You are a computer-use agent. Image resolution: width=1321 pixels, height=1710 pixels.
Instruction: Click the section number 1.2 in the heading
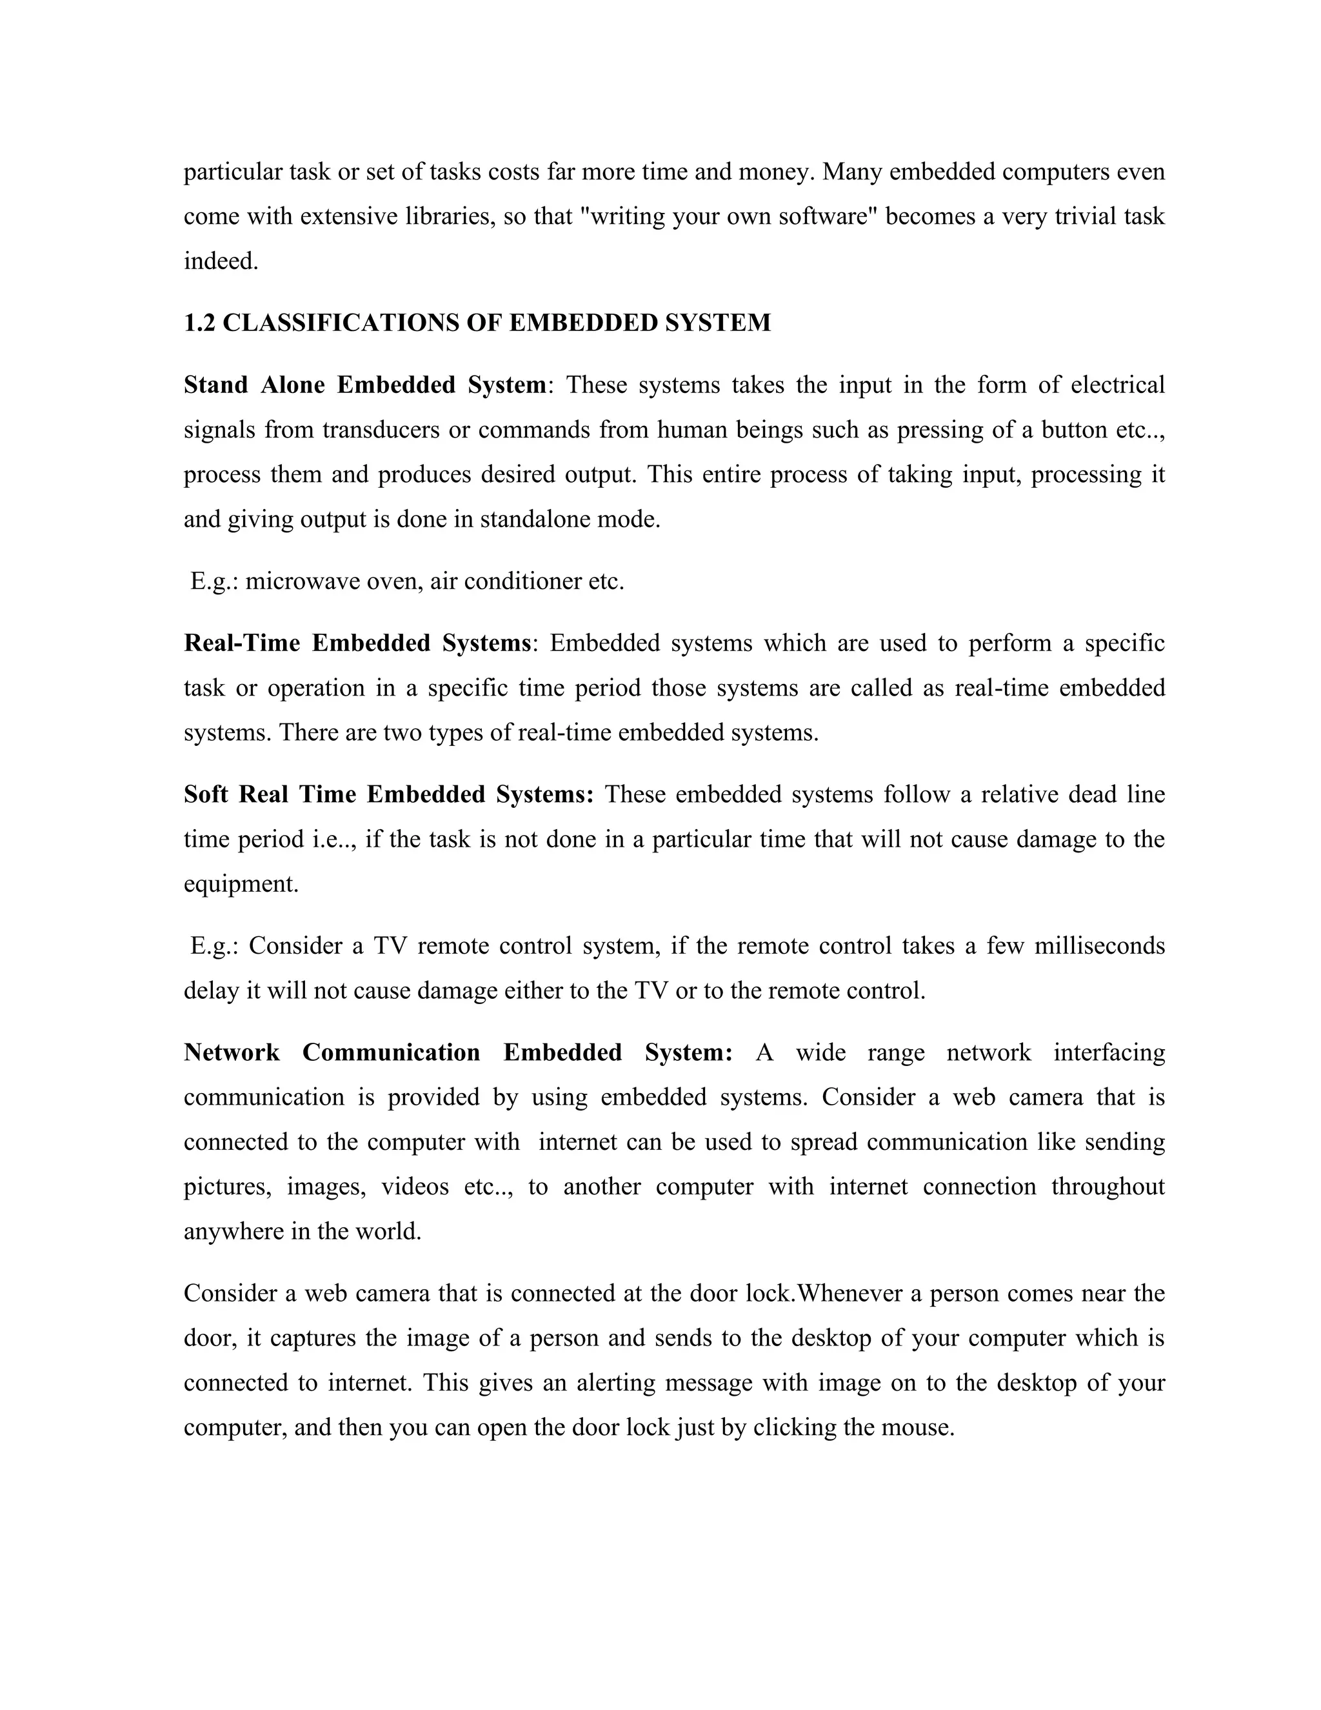click(x=199, y=323)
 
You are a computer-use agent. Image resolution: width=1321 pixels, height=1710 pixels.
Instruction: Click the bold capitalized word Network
click(x=232, y=1053)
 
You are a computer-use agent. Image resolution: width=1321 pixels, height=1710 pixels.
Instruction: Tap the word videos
click(x=415, y=1187)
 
